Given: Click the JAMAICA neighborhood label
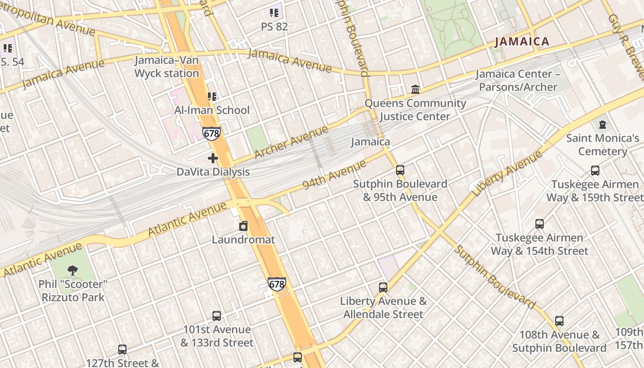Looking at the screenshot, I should click(x=522, y=42).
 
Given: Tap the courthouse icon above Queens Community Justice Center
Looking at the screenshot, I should click(x=415, y=89).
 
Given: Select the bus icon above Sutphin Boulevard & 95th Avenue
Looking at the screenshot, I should click(x=400, y=170).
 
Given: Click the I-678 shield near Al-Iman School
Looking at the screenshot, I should click(x=212, y=134).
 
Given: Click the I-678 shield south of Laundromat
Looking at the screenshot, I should click(x=276, y=284).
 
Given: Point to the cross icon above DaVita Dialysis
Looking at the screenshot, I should click(x=213, y=158).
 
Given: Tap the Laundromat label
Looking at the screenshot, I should click(x=243, y=240).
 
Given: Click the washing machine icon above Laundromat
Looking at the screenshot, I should click(x=243, y=226).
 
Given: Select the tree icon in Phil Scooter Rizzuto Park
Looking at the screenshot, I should click(x=72, y=270).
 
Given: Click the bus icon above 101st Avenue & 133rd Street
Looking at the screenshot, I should click(x=217, y=316).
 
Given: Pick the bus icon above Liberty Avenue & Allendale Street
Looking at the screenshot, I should click(x=383, y=287).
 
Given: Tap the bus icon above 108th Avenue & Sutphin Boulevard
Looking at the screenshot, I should click(x=559, y=321).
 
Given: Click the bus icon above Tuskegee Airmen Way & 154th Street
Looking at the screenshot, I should click(x=539, y=224).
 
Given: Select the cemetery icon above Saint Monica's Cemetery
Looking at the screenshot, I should click(x=602, y=124).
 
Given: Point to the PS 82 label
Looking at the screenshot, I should click(x=274, y=27).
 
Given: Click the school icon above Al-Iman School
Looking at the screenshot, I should click(x=212, y=96).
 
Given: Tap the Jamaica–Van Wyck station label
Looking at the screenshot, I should click(x=167, y=67).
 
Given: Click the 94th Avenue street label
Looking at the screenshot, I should click(x=334, y=175).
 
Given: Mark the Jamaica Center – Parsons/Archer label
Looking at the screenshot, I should click(x=517, y=80).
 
